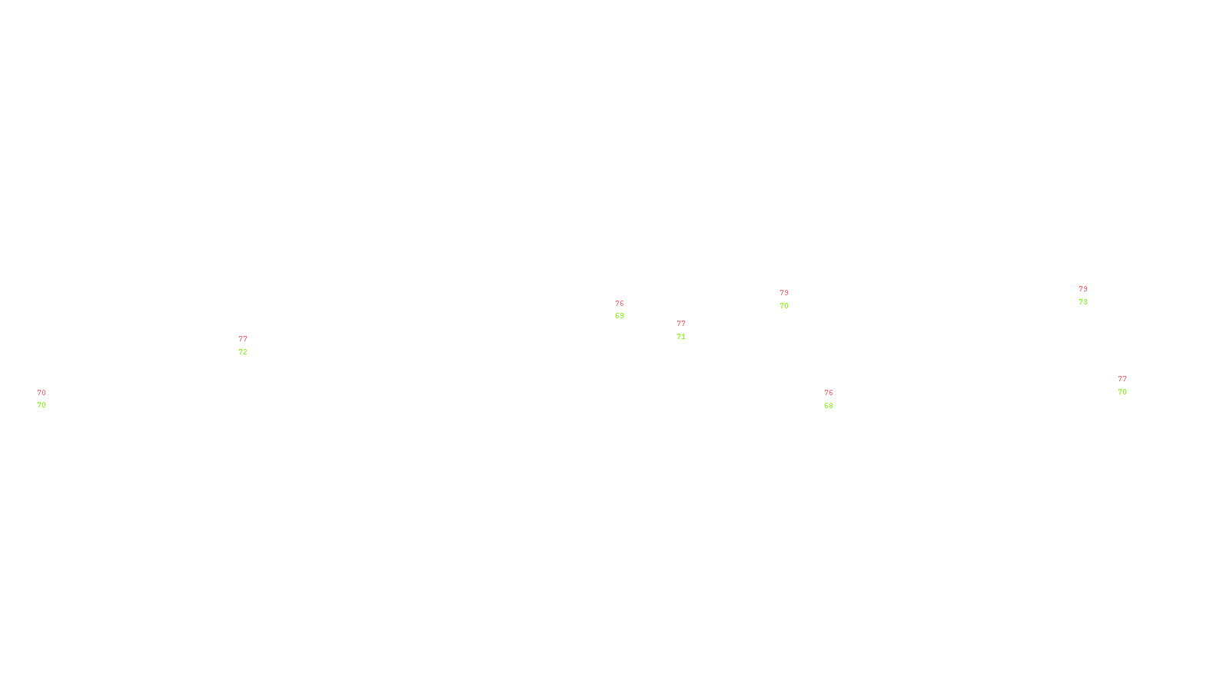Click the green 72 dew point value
pos(243,352)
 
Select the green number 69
pos(620,316)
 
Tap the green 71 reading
pos(681,337)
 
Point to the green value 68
pos(829,406)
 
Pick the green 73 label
pos(1083,302)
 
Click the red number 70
pos(42,393)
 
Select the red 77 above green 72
pos(243,339)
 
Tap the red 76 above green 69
pos(620,304)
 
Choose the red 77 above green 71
pos(681,324)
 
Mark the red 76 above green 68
pos(829,393)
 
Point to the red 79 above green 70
pos(784,293)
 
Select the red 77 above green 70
pos(1122,379)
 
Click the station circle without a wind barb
pos(627,310)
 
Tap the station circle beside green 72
pos(250,345)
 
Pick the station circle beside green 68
pos(836,399)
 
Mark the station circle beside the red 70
pos(48,399)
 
